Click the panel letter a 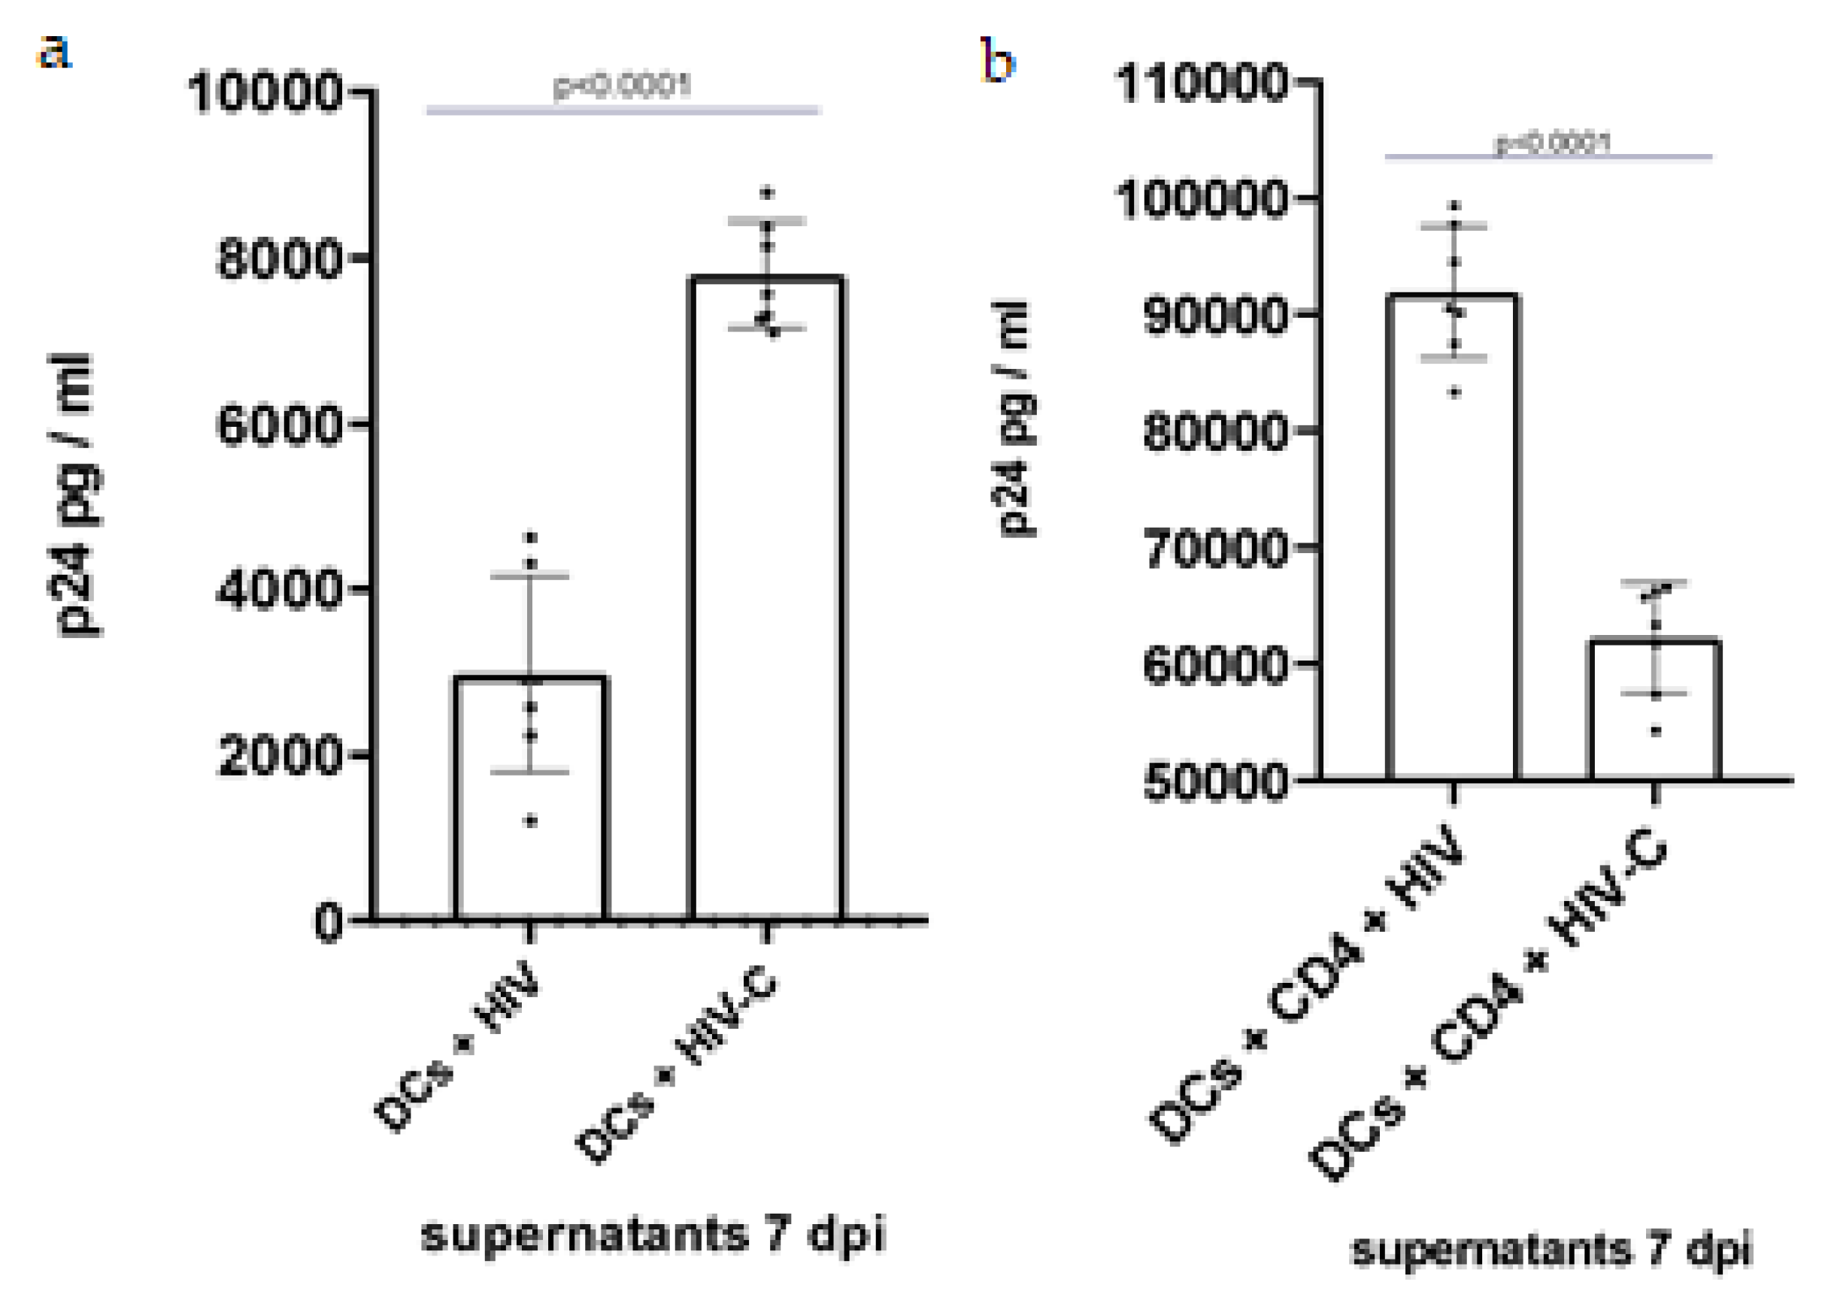click(x=54, y=54)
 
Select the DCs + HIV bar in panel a click(x=532, y=799)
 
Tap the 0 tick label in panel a click(x=328, y=925)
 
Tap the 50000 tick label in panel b click(x=1215, y=783)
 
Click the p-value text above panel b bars click(x=1552, y=144)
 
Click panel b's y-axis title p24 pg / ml click(x=1014, y=419)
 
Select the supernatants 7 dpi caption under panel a click(x=653, y=1235)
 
